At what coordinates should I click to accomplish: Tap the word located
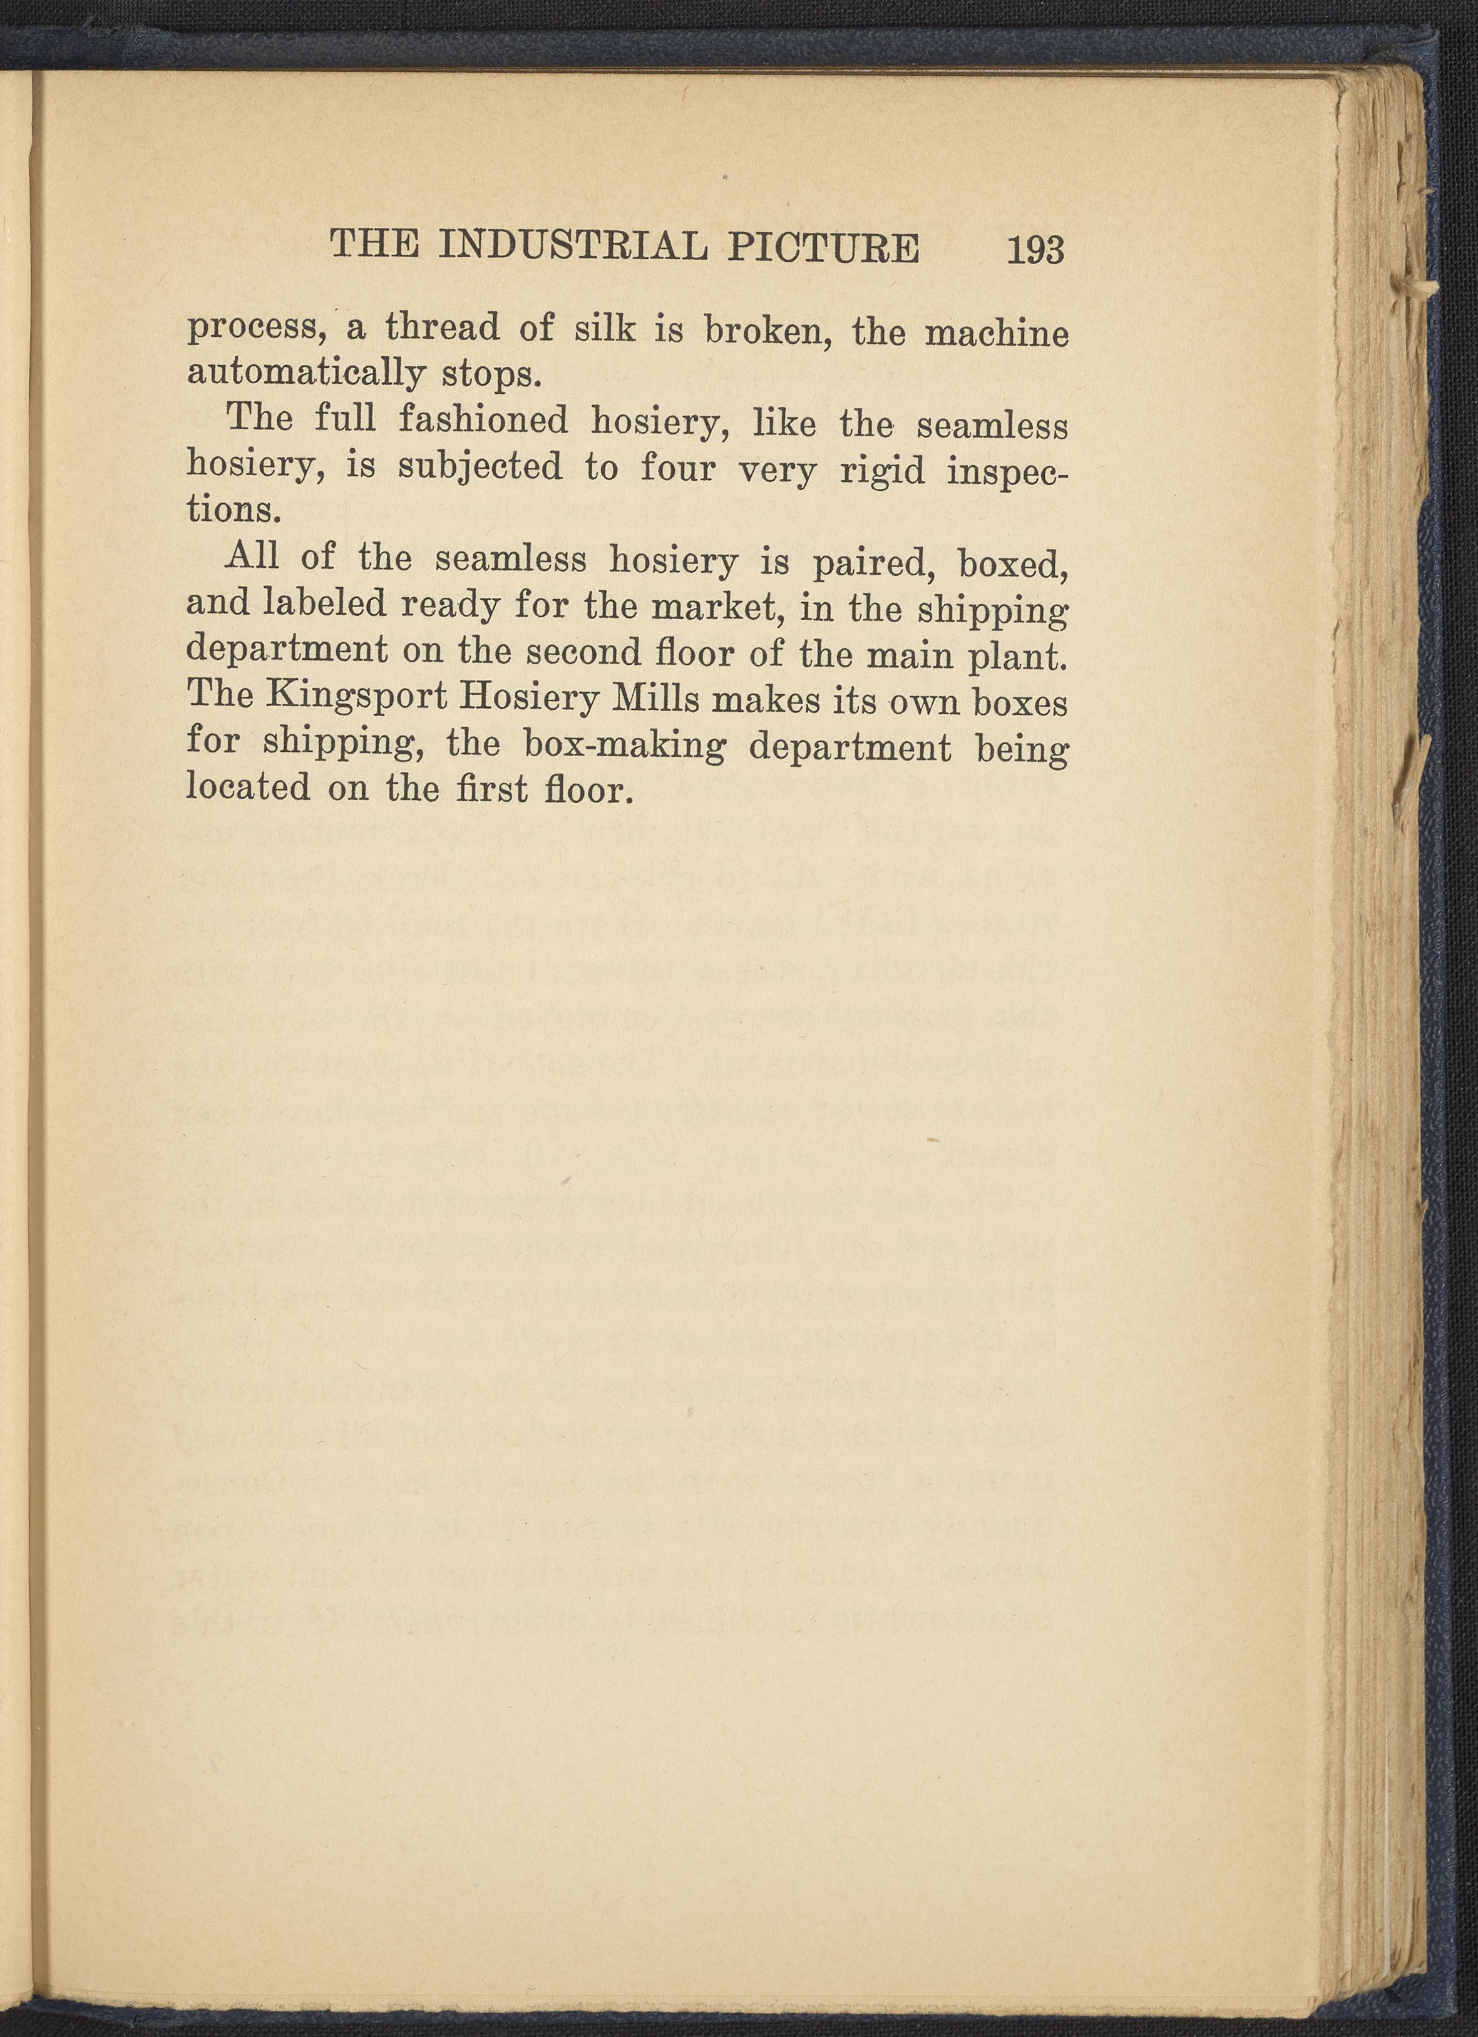249,789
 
